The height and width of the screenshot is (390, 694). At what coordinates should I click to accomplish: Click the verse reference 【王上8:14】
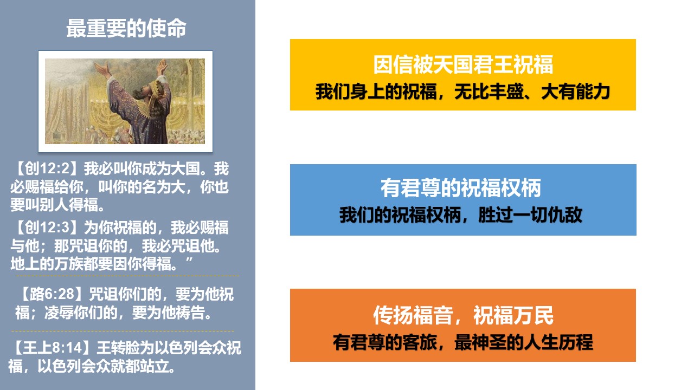point(52,348)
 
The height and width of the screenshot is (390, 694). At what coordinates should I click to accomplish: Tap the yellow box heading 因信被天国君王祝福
point(463,64)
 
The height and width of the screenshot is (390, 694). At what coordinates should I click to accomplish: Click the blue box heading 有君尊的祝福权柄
point(461,187)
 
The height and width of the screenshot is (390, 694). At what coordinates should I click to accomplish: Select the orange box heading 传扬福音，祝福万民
point(463,315)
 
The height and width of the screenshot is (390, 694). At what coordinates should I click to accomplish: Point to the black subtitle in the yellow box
point(462,92)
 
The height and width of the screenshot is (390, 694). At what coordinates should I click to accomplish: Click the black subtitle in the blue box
point(461,214)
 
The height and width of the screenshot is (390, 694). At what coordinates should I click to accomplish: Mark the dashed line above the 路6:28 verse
point(127,276)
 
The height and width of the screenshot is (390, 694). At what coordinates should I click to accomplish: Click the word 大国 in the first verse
point(185,168)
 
